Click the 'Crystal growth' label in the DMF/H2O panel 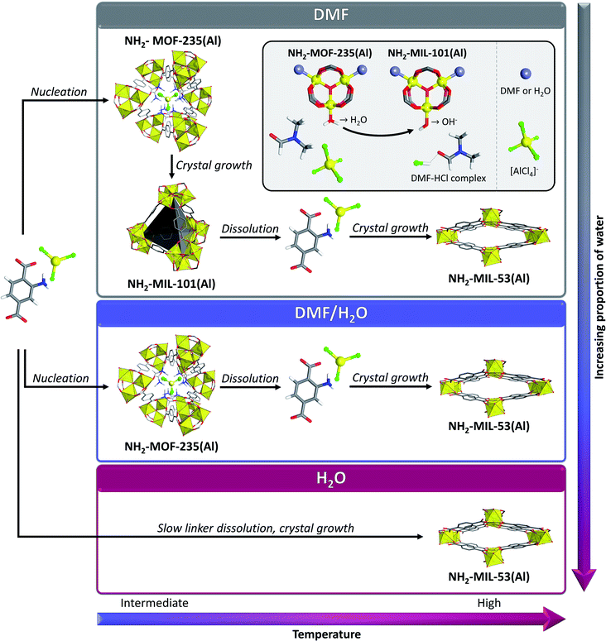389,378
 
